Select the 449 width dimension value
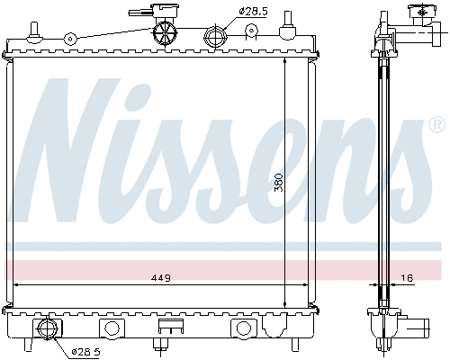(x=161, y=276)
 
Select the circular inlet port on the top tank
(x=214, y=38)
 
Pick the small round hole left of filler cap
(x=69, y=39)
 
